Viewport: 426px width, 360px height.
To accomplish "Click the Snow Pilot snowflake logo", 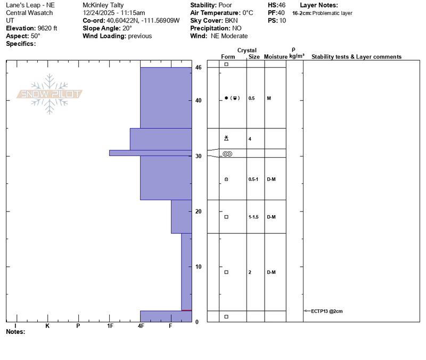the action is tap(49, 94).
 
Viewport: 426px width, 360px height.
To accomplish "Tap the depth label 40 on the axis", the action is tap(198, 101).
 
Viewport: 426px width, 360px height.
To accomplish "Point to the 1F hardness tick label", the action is tap(110, 326).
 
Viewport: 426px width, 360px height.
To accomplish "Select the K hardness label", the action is tap(47, 326).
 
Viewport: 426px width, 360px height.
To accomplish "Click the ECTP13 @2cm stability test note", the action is tap(326, 311).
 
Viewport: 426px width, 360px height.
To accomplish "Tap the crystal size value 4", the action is tap(250, 139).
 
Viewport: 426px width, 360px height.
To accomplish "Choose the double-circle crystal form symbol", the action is tap(227, 154).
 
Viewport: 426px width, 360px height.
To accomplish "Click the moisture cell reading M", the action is tap(269, 98).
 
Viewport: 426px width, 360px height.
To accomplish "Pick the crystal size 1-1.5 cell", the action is tap(253, 217).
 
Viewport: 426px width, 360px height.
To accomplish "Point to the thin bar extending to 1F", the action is tap(151, 153).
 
